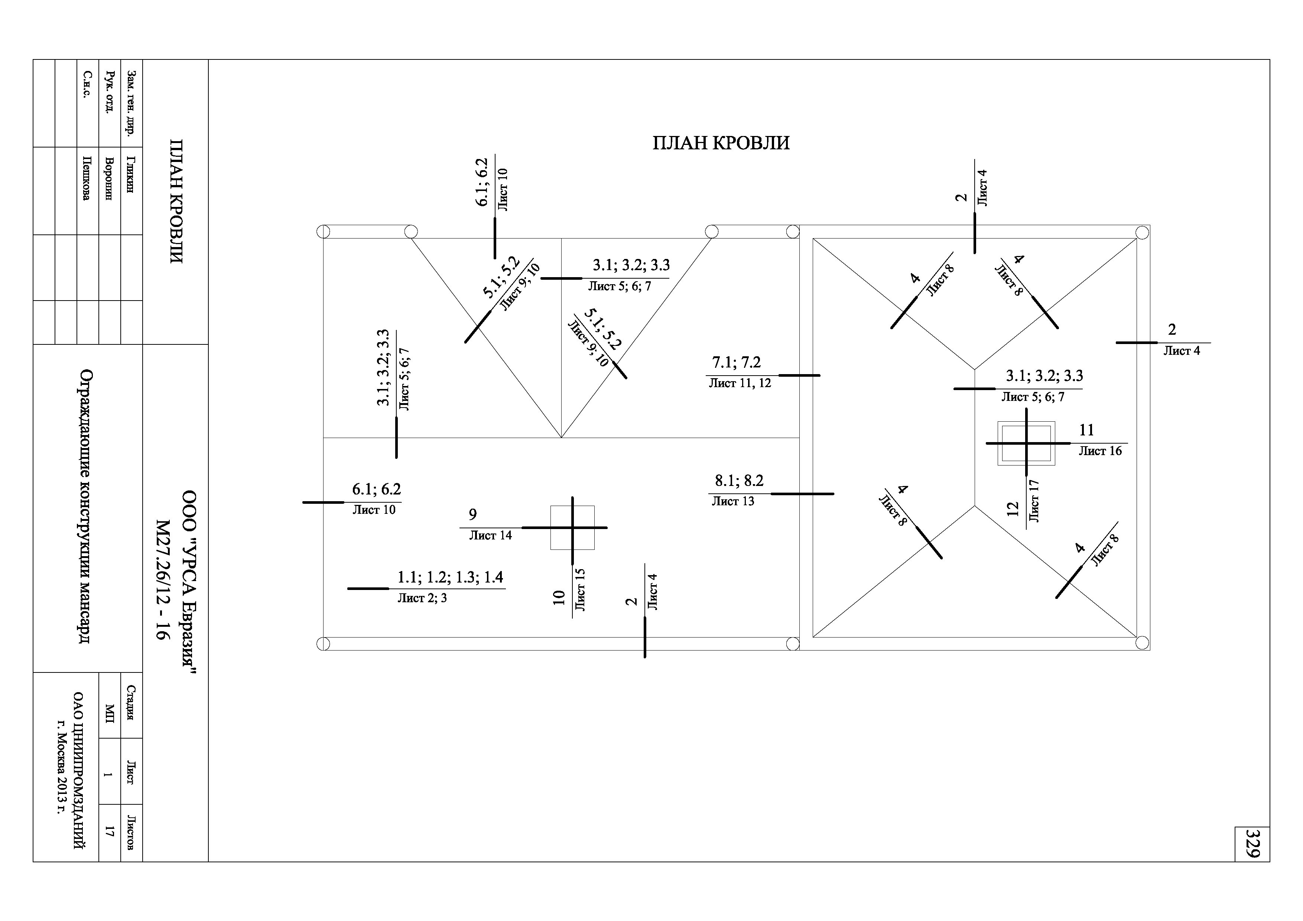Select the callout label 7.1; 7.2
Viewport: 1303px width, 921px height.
pos(736,362)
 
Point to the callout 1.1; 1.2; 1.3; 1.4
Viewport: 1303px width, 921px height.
pos(450,578)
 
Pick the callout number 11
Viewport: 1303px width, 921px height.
pos(1086,430)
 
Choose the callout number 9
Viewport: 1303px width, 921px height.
pos(473,515)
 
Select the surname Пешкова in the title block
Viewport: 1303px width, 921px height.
pos(86,178)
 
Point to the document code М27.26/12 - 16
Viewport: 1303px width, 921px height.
pos(163,579)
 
